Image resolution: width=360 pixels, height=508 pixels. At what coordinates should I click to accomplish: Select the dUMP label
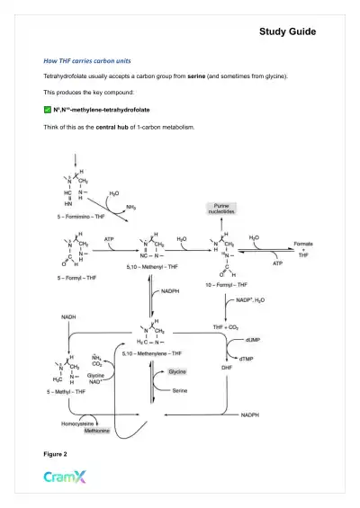[279, 338]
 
